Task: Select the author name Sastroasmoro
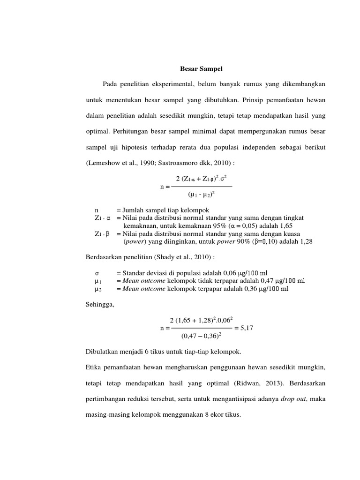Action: coord(180,164)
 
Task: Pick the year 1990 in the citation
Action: coord(140,164)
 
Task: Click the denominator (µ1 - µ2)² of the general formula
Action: coord(201,193)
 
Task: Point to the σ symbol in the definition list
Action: coord(97,273)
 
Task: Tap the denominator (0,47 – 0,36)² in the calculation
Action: coord(201,336)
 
